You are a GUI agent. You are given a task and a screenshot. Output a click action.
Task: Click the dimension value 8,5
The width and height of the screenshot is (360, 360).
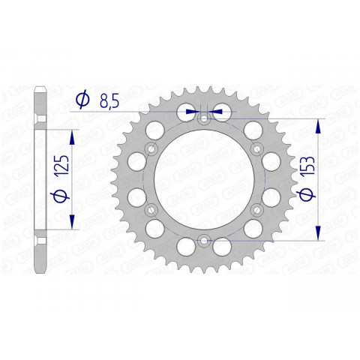click(x=108, y=99)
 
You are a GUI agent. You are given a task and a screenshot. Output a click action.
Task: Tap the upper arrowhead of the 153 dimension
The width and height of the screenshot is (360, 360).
click(x=320, y=125)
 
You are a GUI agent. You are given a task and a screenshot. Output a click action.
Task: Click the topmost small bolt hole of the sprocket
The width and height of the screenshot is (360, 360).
click(x=202, y=118)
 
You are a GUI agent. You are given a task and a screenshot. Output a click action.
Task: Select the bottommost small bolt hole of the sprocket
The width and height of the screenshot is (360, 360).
click(x=202, y=241)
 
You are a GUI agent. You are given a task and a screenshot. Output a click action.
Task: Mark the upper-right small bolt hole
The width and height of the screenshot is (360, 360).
click(x=256, y=148)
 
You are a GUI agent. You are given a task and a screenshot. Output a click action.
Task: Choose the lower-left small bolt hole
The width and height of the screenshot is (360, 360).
click(x=149, y=210)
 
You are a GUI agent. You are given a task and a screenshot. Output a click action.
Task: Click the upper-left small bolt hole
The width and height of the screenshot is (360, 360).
click(x=149, y=148)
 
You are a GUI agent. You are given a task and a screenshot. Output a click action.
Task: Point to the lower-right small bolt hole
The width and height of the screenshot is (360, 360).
click(x=256, y=210)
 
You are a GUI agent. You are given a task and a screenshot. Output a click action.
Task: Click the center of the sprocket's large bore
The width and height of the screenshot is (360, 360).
click(x=202, y=179)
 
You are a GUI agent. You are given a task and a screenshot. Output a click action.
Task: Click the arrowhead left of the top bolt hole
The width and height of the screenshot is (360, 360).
click(x=194, y=111)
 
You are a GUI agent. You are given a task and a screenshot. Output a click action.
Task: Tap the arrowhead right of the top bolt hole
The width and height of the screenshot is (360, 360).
click(x=212, y=111)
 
